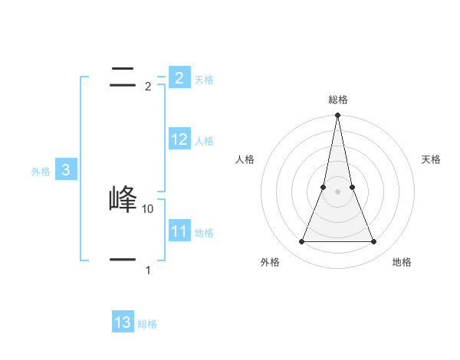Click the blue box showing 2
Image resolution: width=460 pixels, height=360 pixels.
179,77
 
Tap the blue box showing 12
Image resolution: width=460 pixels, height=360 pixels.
179,139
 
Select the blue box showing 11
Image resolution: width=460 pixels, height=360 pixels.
179,231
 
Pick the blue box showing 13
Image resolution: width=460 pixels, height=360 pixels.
123,322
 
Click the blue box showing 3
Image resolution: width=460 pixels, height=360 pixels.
66,170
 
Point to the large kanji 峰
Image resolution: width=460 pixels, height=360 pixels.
123,199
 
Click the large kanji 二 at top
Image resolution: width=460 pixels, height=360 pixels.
123,77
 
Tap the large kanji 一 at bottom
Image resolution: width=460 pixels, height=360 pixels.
123,260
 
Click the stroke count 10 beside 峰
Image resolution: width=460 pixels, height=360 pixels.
148,208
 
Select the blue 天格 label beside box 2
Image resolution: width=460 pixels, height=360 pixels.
204,79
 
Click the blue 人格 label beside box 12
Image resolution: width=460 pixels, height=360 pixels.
204,141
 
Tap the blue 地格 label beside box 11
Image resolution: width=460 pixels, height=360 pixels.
204,233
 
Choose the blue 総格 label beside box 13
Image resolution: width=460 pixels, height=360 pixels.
147,324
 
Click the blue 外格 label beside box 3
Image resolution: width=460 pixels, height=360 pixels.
41,172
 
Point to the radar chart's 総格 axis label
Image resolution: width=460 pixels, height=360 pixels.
337,100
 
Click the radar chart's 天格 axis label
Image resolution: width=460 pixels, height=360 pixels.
431,159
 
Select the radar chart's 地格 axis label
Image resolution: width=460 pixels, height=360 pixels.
402,262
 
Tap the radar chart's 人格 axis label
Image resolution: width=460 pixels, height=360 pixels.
245,159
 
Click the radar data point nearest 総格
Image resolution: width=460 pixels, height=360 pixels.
337,116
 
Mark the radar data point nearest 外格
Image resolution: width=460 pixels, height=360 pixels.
301,242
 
